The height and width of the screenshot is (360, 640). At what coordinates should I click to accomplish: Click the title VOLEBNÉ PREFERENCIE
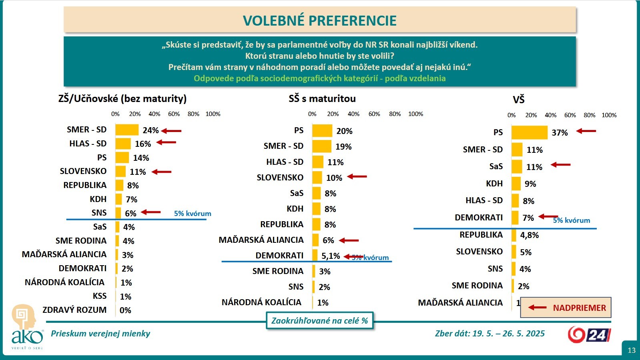319,20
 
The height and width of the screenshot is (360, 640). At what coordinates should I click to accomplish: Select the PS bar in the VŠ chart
529,132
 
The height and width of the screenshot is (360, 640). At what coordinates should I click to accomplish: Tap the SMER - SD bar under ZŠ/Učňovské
126,130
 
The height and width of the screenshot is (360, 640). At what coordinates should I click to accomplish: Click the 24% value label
150,130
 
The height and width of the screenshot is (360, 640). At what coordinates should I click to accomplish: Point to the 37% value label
560,133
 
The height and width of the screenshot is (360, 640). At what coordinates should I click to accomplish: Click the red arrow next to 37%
586,131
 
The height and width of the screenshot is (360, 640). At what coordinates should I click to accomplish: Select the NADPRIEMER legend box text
579,308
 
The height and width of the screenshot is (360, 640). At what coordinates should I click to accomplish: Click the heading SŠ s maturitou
322,98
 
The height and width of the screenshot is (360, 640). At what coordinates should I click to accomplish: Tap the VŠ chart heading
518,100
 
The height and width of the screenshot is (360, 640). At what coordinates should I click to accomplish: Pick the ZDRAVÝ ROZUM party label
74,310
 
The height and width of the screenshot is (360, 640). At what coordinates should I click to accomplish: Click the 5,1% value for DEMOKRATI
331,256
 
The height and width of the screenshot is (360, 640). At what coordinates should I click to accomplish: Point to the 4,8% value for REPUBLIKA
529,235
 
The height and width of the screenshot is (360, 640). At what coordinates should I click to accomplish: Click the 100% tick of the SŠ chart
415,114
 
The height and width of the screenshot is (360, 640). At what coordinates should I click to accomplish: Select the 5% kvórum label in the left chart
193,214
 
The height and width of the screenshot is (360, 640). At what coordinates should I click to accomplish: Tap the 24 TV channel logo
589,334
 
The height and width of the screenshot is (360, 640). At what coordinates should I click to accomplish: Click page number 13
631,350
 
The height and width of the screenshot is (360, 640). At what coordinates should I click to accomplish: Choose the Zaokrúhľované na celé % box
319,320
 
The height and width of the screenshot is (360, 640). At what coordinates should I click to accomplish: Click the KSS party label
100,296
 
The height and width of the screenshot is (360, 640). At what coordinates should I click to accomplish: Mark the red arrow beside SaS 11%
561,165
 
